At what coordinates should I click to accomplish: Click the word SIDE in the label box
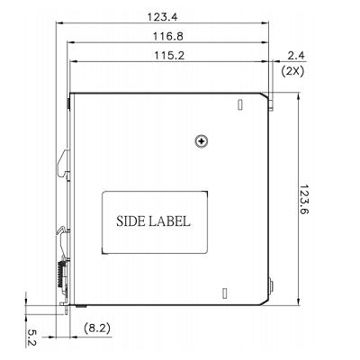[x=135, y=220]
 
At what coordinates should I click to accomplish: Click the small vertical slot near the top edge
[x=239, y=105]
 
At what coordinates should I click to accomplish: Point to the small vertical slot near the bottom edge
[x=220, y=291]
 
